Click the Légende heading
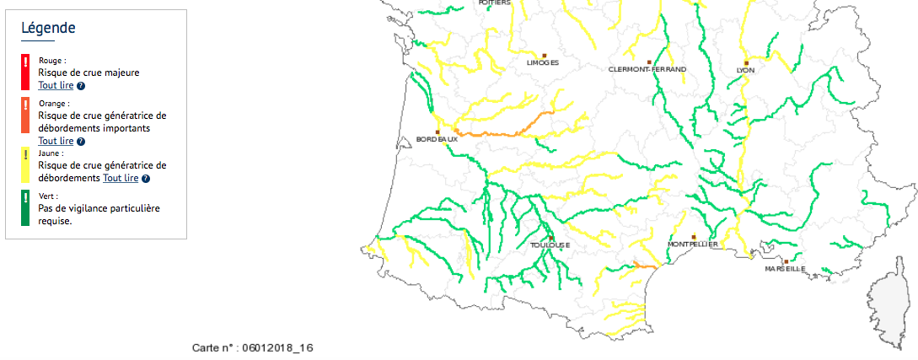[48, 28]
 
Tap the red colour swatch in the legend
[25, 72]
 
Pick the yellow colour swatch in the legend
[25, 165]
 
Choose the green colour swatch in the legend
[25, 209]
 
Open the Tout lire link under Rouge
[56, 86]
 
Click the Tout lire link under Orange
[56, 141]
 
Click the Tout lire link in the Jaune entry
[120, 178]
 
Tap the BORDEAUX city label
[437, 139]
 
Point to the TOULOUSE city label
[550, 245]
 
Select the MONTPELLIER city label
[692, 244]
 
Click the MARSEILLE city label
[785, 269]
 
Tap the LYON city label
[745, 70]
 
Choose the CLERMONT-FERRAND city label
[647, 69]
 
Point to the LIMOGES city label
[542, 62]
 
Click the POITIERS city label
[494, 3]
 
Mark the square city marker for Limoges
[545, 55]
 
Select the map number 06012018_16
[252, 347]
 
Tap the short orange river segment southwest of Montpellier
[645, 266]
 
